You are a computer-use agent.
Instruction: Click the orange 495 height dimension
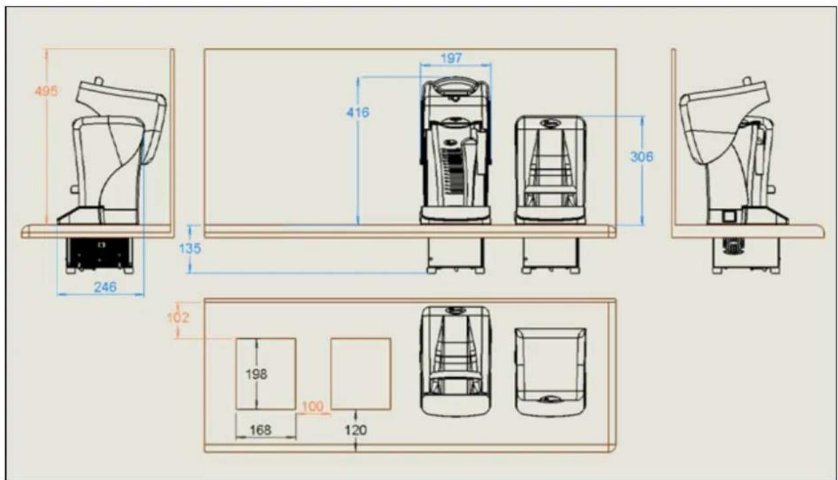click(x=46, y=91)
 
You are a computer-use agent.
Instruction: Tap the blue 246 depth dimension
click(x=105, y=287)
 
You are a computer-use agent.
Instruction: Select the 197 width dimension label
click(x=451, y=58)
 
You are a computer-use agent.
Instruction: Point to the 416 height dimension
click(x=358, y=112)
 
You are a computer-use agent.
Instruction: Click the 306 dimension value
click(x=642, y=157)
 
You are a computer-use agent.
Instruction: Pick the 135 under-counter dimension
click(x=190, y=249)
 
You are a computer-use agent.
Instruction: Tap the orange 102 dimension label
click(x=178, y=317)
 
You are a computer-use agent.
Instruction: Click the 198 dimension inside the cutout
click(x=257, y=374)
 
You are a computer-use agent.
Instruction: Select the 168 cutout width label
click(x=261, y=430)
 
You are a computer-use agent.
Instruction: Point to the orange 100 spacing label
click(x=313, y=407)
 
